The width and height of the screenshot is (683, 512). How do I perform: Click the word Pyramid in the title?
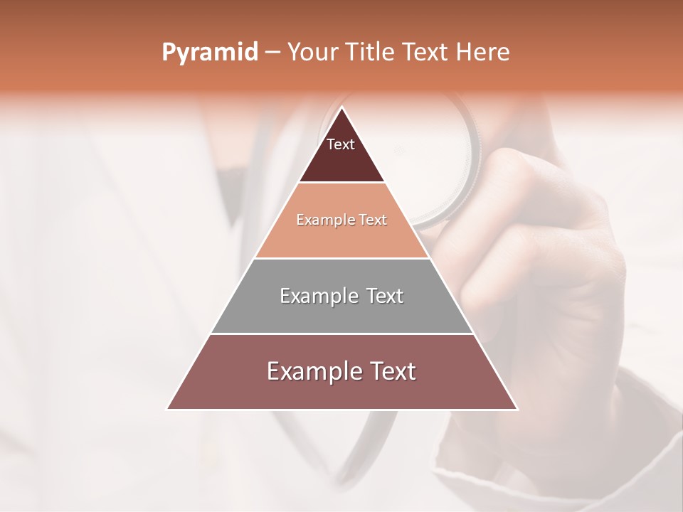209,53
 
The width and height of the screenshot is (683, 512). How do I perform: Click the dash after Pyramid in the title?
272,53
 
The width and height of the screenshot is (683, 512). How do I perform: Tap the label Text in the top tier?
341,144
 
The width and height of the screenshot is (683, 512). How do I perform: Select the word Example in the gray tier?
316,296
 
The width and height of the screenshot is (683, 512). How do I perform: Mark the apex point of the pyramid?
342,108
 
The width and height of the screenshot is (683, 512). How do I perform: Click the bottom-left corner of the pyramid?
168,409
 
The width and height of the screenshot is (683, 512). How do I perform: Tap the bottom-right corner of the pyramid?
517,409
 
